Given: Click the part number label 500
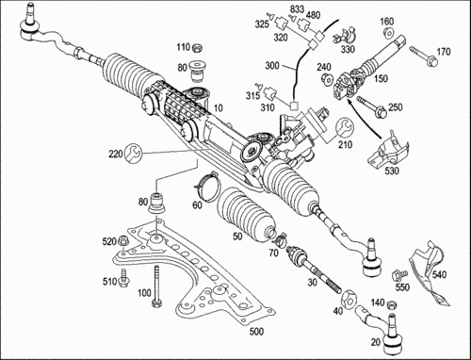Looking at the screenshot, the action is coord(256,332).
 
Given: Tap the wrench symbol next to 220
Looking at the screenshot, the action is coord(133,153).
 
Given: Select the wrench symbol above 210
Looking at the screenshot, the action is coord(345,127).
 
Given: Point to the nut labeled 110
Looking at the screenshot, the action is coord(197,48).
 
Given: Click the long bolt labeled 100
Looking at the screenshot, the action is coord(156,286).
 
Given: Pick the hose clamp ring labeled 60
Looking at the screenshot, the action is coord(205,186).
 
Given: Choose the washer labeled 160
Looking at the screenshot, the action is coord(389,32).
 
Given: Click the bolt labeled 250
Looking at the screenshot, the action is coord(371,106).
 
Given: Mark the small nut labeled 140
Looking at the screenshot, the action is coord(392,305).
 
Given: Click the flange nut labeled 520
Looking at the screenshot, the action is coord(122,241).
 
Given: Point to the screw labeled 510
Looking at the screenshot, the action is coord(122,278).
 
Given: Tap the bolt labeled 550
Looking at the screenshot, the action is coord(398,275).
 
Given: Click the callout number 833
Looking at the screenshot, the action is coord(297,8).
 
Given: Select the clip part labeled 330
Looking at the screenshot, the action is coord(345,38).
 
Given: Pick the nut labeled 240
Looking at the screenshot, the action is coord(326,78).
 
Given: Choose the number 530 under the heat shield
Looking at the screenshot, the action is coord(392,171).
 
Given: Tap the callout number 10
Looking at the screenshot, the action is coord(218,108).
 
